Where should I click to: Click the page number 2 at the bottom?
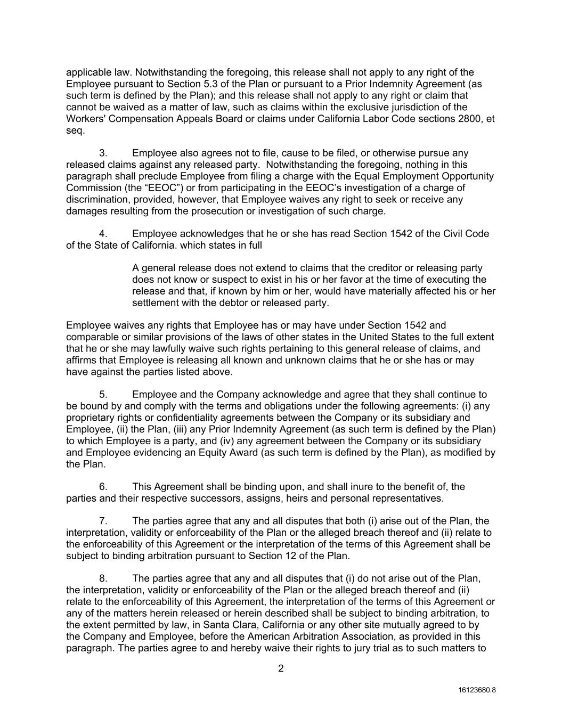coord(281,669)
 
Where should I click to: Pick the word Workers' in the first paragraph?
coord(84,119)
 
